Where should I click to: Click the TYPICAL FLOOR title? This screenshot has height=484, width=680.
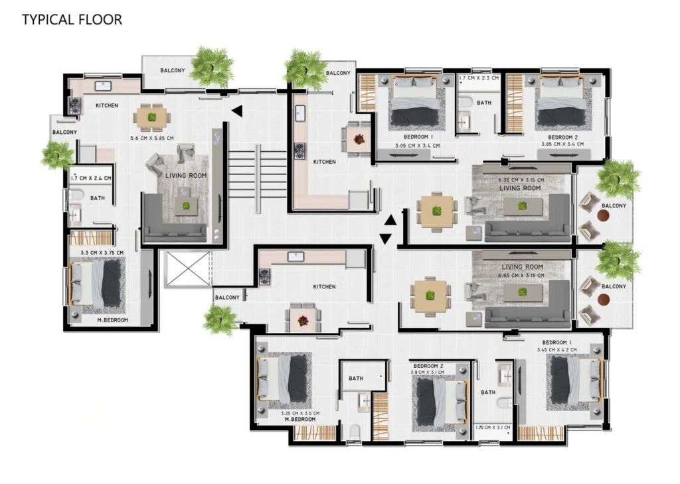tap(72, 19)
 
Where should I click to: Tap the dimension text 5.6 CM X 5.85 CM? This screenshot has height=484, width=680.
tap(152, 139)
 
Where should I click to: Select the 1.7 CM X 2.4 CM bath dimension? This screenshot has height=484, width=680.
tap(91, 178)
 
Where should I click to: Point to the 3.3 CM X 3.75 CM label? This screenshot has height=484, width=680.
tap(102, 253)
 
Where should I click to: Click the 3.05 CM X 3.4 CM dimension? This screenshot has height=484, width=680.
tap(417, 146)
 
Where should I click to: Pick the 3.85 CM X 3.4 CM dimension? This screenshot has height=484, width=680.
tap(562, 144)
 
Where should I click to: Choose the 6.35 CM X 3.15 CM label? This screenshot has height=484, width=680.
tap(521, 180)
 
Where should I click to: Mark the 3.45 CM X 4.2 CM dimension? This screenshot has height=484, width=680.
tap(557, 350)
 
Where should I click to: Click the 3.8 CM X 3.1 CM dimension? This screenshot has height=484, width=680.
tap(428, 373)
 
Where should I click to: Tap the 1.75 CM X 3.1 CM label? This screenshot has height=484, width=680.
tap(493, 428)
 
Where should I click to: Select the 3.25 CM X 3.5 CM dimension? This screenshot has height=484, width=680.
tap(299, 414)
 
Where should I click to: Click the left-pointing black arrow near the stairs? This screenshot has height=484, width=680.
tap(237, 111)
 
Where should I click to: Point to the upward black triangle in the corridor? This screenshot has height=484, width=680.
tap(390, 220)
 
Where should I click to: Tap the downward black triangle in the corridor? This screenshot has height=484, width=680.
tap(386, 239)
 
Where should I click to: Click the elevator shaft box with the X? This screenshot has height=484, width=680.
tap(188, 269)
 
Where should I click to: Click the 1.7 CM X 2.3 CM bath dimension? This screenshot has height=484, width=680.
tap(479, 78)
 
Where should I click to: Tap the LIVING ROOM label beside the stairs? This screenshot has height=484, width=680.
tap(186, 176)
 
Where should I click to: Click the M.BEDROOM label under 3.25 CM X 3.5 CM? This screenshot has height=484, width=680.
tap(300, 420)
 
